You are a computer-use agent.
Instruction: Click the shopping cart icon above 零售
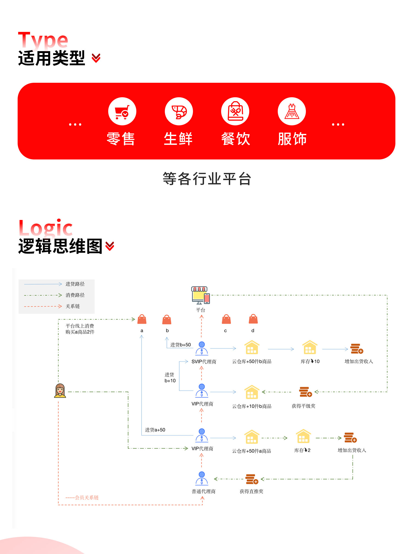122,111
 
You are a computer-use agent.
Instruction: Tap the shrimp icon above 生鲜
179,111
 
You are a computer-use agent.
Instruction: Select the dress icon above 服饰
292,111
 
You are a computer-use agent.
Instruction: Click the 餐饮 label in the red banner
235,139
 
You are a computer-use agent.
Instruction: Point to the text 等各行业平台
206,179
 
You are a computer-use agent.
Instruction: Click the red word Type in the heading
43,40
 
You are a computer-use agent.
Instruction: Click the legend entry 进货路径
75,284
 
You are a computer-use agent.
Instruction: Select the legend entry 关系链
73,306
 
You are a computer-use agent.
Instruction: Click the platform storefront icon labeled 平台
200,295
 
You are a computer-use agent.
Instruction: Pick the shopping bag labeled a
142,319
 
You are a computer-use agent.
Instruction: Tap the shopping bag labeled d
253,319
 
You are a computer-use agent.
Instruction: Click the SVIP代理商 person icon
202,348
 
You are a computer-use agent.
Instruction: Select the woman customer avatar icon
60,391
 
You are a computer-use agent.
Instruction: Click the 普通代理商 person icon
202,478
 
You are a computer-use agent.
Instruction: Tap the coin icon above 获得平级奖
305,392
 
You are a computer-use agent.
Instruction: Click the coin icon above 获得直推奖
252,479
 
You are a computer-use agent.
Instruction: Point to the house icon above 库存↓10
310,348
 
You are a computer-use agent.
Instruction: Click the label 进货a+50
155,430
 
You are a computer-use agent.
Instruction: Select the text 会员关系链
86,498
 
